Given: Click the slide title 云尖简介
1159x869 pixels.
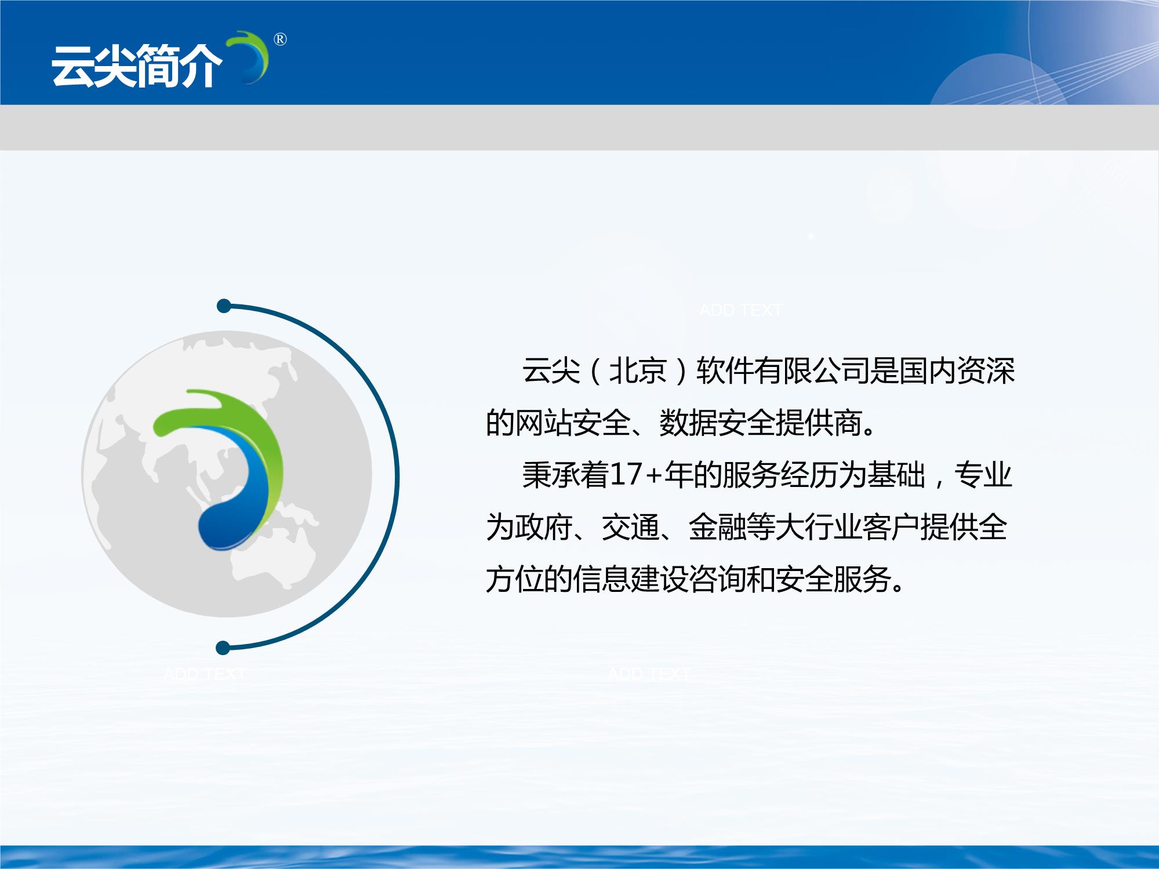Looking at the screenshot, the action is [137, 67].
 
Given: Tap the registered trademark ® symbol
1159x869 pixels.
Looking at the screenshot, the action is [279, 39].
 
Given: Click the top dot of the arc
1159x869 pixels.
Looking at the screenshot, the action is [224, 306].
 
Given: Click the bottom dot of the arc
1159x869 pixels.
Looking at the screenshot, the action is [223, 648].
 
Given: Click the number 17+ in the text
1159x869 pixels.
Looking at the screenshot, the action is [635, 475].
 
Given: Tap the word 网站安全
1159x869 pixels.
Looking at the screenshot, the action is [558, 423].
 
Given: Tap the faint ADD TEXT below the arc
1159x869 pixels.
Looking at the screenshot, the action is [205, 674].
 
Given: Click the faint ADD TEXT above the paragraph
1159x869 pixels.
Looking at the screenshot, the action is [740, 310].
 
